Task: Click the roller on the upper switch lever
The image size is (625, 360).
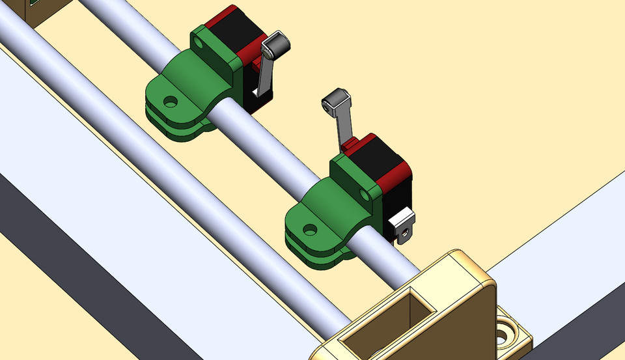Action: tap(277, 45)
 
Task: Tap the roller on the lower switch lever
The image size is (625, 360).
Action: tap(337, 101)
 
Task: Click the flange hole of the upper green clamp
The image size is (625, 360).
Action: tap(171, 102)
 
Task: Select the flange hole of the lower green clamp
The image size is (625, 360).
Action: tap(311, 229)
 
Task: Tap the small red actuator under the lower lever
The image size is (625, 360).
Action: tap(350, 144)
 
